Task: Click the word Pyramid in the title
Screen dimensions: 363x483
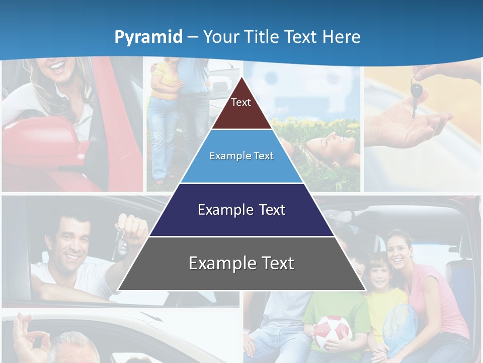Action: pyautogui.click(x=148, y=37)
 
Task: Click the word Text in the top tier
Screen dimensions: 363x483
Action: pyautogui.click(x=240, y=102)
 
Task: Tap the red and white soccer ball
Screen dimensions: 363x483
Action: pyautogui.click(x=333, y=332)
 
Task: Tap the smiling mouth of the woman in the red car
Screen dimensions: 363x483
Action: pyautogui.click(x=58, y=66)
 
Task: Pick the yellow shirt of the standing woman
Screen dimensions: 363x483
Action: pyautogui.click(x=164, y=81)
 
